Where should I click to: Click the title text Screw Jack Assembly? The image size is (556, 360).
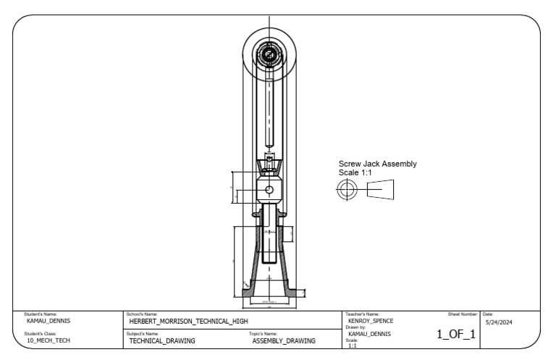[x=377, y=164]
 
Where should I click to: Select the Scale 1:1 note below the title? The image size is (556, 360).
[x=355, y=173]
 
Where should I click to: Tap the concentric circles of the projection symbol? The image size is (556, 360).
[x=347, y=191]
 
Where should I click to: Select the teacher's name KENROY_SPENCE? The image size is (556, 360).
[x=371, y=320]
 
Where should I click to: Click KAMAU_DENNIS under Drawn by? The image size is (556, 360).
[x=369, y=334]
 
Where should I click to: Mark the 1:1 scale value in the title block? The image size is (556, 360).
[x=353, y=346]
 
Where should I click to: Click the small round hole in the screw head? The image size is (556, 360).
[x=269, y=190]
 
